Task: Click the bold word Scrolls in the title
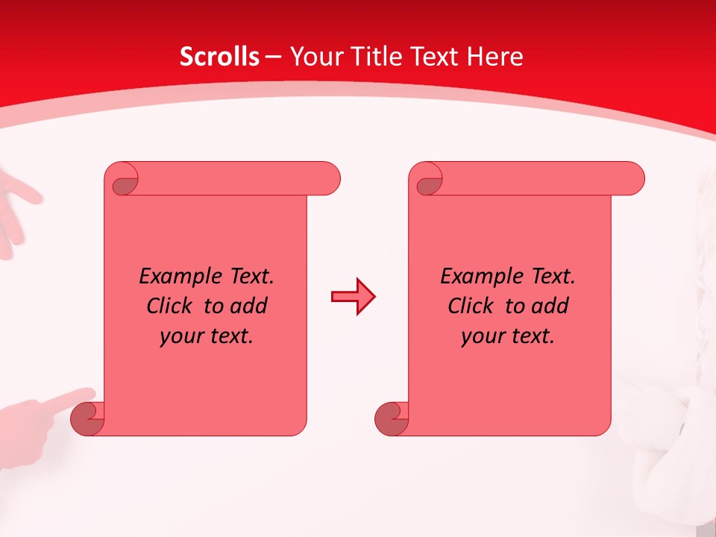[219, 57]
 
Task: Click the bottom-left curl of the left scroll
[87, 418]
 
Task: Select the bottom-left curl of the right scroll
[392, 418]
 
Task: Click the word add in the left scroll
[250, 307]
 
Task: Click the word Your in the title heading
[311, 57]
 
